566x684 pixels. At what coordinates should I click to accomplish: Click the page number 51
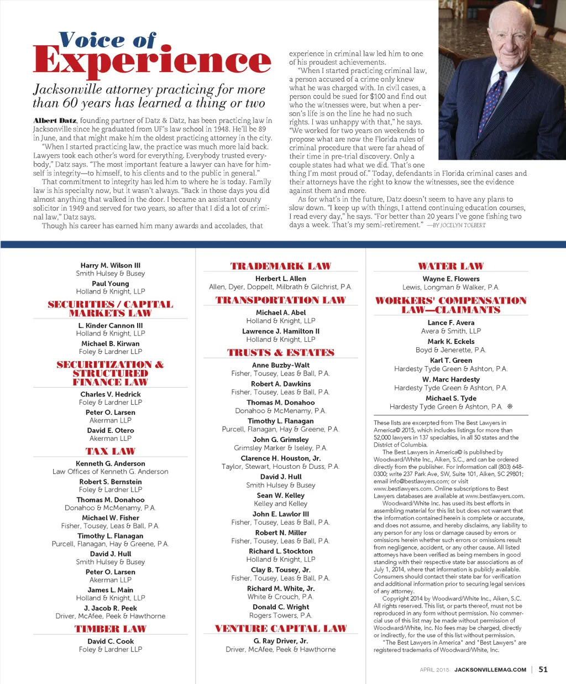(543, 669)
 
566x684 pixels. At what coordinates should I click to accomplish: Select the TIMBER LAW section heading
(111, 629)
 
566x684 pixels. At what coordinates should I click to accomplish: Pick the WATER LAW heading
(450, 267)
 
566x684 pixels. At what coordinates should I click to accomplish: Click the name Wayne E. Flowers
(451, 279)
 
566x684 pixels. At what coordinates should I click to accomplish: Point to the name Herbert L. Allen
(281, 279)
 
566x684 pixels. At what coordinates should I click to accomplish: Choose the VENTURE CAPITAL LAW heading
(281, 629)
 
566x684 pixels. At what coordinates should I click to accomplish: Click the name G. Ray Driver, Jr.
(281, 641)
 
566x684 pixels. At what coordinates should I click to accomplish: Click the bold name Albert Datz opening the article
(55, 121)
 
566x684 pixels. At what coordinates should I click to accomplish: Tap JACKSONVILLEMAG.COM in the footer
(490, 670)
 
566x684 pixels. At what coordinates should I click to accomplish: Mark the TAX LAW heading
(111, 451)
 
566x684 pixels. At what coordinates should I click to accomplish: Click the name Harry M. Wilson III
(111, 265)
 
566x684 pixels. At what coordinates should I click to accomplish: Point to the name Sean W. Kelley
(281, 495)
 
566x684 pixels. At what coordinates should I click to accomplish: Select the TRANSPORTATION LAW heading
(281, 300)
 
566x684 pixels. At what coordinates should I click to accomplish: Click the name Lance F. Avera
(451, 322)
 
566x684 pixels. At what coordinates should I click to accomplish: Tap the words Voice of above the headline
(107, 40)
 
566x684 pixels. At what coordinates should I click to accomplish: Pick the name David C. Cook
(111, 641)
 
